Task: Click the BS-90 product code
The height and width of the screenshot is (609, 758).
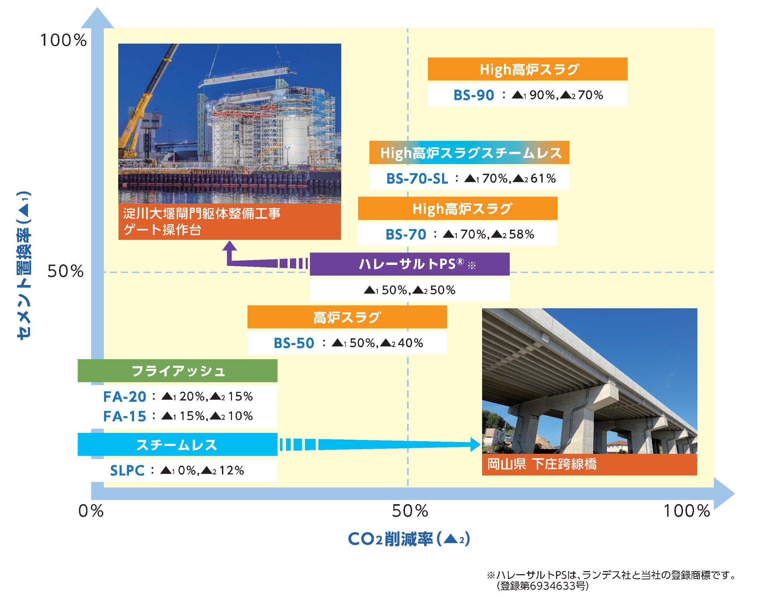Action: pos(474,95)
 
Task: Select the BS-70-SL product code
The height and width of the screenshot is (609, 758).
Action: pos(417,179)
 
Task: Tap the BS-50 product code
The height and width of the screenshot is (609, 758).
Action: pos(294,343)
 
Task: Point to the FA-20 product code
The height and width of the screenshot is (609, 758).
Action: pos(125,397)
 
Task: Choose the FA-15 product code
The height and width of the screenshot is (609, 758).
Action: pos(125,416)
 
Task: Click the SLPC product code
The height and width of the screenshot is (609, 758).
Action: pos(127,471)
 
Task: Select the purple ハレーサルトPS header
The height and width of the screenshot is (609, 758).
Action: pos(410,264)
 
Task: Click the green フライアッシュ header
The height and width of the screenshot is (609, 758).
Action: pos(178,370)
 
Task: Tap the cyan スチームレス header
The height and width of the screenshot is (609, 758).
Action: pos(178,445)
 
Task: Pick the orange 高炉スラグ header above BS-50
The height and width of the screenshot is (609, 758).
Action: pos(347,317)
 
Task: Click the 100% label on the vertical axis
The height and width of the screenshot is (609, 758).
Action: pos(63,40)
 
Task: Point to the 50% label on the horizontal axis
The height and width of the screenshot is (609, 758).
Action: pos(410,511)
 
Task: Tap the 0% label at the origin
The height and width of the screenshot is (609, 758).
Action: pos(91,511)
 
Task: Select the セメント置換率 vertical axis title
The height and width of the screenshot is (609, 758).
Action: pos(24,265)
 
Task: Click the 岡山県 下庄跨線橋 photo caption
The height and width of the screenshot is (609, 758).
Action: pos(542,464)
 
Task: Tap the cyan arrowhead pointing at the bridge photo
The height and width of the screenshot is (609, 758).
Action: pos(475,445)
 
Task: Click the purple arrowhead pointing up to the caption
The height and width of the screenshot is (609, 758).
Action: pos(230,246)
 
